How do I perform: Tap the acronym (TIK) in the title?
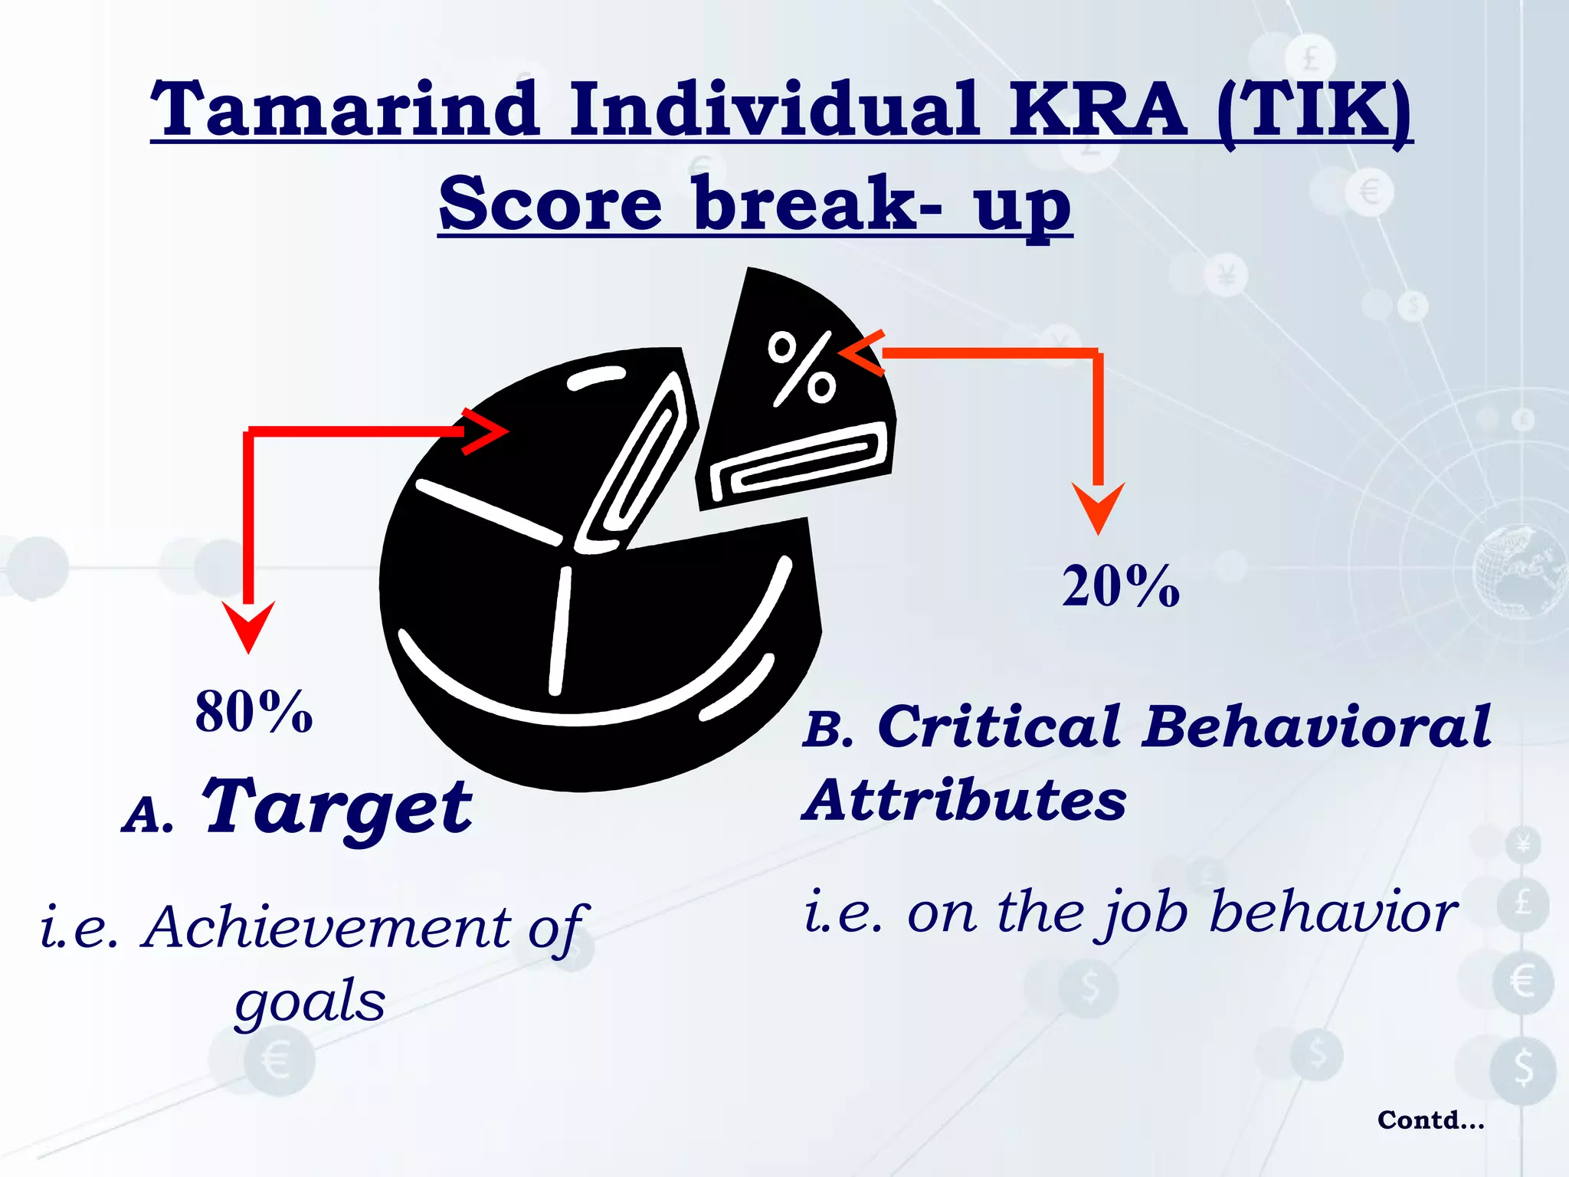(x=1314, y=110)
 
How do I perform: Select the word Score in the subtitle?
(x=550, y=203)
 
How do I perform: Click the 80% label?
(x=254, y=712)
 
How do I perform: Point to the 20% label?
(x=1120, y=586)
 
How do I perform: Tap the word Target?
(x=337, y=808)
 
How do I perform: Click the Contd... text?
(x=1430, y=1120)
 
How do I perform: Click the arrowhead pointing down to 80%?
(x=248, y=625)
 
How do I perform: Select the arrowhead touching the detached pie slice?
(x=862, y=353)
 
